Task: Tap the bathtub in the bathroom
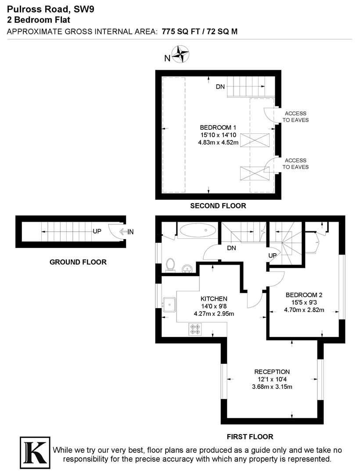coord(197,231)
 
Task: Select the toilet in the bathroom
coord(170,265)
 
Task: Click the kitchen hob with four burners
coord(195,329)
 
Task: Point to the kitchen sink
coord(169,304)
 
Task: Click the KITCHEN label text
coord(214,299)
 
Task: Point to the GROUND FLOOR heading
coord(78,262)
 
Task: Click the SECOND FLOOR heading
coord(218,205)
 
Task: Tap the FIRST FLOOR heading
coord(250,437)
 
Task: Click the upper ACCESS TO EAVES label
coord(295,116)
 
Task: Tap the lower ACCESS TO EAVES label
coord(295,164)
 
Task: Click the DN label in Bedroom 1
coord(220,87)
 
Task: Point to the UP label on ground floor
coord(97,231)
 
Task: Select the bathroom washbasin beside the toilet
coord(187,268)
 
